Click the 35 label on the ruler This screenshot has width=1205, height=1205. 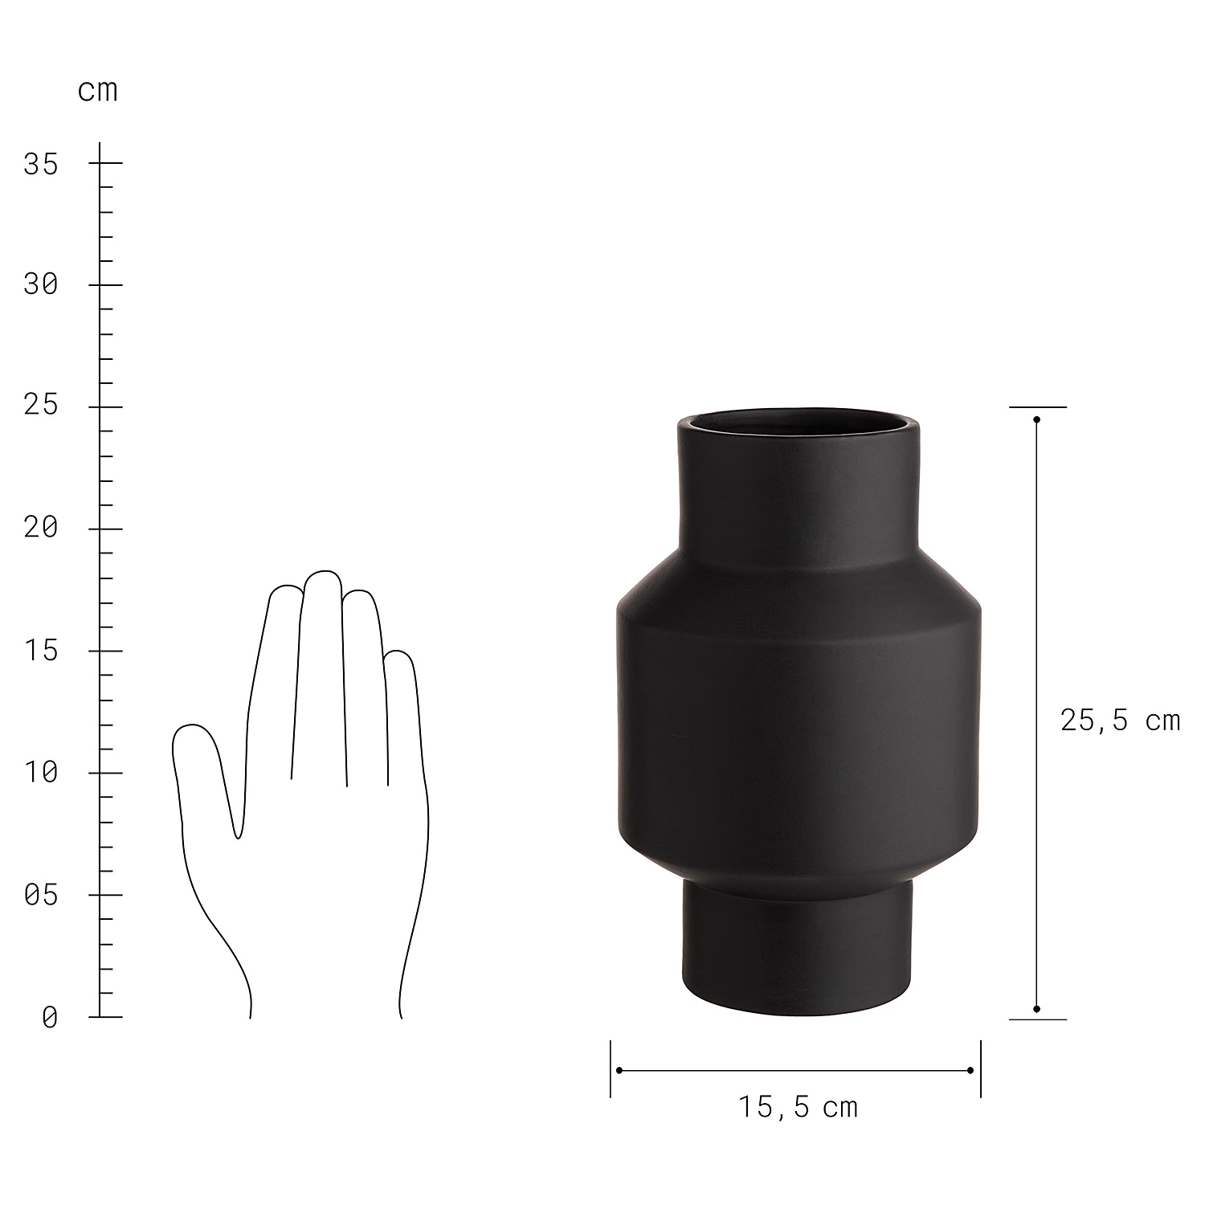coord(41,164)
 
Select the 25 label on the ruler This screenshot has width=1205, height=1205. coord(41,405)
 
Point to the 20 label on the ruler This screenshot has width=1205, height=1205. coord(41,528)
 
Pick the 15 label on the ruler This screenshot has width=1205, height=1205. coord(41,651)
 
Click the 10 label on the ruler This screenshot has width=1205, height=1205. coord(41,773)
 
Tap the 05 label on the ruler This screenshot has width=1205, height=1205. coord(41,894)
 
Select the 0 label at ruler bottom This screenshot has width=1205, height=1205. coord(50,1018)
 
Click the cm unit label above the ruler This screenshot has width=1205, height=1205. coord(98,91)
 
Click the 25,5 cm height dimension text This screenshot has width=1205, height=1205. coord(1120,721)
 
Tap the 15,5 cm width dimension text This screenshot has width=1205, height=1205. coord(798,1108)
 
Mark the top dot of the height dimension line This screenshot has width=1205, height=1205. coord(1037,419)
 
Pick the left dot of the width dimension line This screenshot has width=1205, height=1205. coord(619,1070)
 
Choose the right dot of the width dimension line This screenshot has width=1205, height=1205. coord(970,1070)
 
